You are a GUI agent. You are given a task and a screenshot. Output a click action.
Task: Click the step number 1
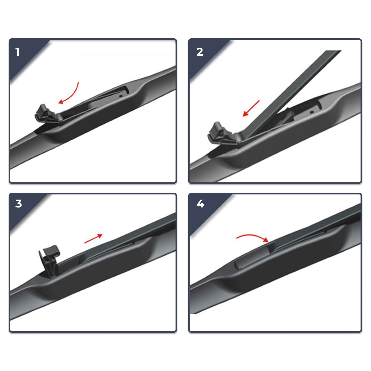tap(18, 52)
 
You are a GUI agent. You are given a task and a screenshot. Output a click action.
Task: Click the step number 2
tap(200, 52)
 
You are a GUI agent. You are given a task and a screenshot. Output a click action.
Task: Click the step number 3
tap(19, 203)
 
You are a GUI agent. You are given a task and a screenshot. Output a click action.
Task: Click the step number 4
tap(200, 203)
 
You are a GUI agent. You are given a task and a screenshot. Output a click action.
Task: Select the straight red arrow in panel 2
tap(251, 109)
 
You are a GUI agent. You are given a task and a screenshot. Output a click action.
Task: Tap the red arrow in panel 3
tap(93, 238)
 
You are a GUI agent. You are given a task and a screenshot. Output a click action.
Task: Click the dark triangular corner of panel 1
tap(25, 57)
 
